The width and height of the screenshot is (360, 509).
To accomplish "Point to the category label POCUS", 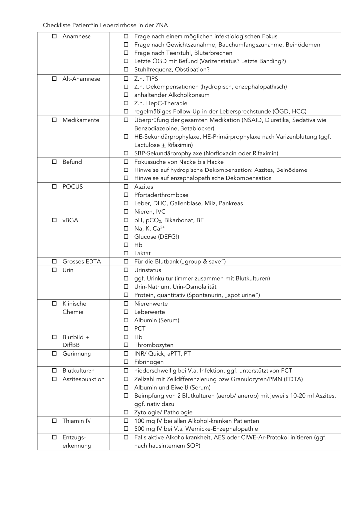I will coord(73,187).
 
